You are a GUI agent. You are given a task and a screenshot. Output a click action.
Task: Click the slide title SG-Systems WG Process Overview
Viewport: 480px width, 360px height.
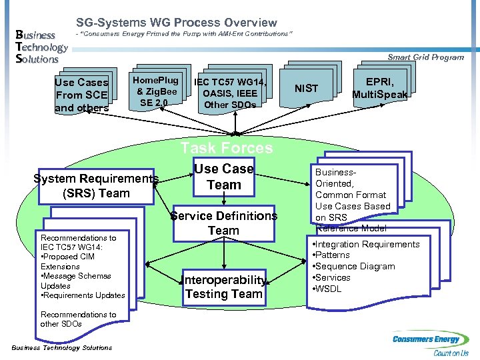(176, 23)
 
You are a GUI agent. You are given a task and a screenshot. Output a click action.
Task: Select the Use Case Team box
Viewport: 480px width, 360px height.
(223, 177)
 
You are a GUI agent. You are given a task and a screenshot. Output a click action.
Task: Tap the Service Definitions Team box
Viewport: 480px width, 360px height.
(223, 223)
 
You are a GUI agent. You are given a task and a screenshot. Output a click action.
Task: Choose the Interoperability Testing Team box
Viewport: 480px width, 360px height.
(223, 287)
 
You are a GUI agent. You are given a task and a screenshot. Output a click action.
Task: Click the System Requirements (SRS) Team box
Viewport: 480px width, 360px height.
(96, 185)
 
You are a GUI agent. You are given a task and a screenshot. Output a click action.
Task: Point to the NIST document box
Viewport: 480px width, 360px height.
(307, 88)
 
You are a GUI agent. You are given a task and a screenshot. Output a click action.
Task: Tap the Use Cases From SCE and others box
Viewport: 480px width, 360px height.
(81, 95)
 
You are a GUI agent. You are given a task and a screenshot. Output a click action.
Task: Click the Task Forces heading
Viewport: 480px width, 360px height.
(227, 148)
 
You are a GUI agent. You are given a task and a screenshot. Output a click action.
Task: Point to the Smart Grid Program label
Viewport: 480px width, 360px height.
(425, 57)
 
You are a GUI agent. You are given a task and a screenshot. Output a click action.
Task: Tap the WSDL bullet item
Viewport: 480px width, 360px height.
(329, 289)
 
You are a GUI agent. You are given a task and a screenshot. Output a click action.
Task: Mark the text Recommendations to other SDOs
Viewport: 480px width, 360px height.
(78, 319)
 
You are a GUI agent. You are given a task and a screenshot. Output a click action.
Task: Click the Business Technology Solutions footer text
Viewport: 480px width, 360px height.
(62, 347)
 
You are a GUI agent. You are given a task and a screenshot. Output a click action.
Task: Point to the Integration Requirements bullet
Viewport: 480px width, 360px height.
(367, 244)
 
